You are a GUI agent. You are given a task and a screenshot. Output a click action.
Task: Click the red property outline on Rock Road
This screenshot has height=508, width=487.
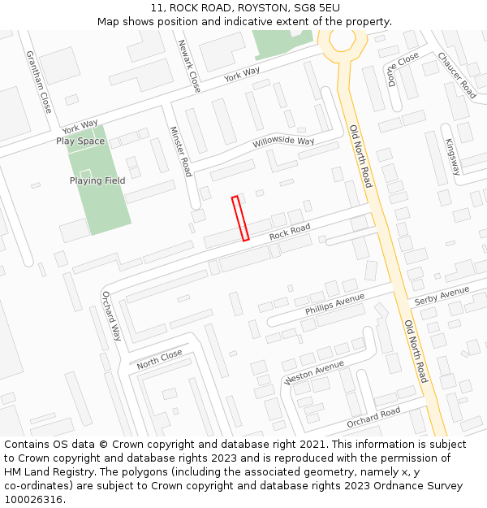pyautogui.click(x=240, y=218)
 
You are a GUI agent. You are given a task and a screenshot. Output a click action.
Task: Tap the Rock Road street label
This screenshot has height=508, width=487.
pyautogui.click(x=290, y=232)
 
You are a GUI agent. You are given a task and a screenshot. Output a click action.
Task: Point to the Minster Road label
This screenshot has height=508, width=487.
pyautogui.click(x=180, y=151)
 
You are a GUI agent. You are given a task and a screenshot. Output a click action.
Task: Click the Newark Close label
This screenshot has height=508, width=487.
pyautogui.click(x=188, y=65)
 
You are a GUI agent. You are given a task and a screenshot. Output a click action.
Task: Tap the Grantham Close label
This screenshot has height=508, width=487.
pyautogui.click(x=38, y=81)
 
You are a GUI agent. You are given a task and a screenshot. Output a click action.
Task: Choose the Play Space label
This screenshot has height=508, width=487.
pyautogui.click(x=80, y=141)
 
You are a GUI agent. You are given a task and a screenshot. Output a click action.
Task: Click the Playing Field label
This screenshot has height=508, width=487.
pyautogui.click(x=97, y=180)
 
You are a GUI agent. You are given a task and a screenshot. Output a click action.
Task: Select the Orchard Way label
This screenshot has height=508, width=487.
pyautogui.click(x=111, y=315)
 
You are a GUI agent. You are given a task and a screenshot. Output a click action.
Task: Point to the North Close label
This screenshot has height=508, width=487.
pyautogui.click(x=159, y=359)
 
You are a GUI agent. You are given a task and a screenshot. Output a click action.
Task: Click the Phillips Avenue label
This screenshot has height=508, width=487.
pyautogui.click(x=335, y=305)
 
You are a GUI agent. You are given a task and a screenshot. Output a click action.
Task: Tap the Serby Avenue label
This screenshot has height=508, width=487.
pyautogui.click(x=442, y=295)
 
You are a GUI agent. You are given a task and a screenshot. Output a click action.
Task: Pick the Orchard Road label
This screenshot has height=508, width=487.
pyautogui.click(x=373, y=418)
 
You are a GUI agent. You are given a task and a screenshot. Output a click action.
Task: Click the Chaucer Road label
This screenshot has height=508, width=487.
pyautogui.click(x=456, y=75)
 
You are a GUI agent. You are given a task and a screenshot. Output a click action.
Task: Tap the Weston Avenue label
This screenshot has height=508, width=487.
pyautogui.click(x=315, y=374)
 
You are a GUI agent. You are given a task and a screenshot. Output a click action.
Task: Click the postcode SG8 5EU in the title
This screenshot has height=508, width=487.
pyautogui.click(x=317, y=8)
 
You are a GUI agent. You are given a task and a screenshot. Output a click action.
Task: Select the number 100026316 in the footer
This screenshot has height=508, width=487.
pyautogui.click(x=33, y=499)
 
